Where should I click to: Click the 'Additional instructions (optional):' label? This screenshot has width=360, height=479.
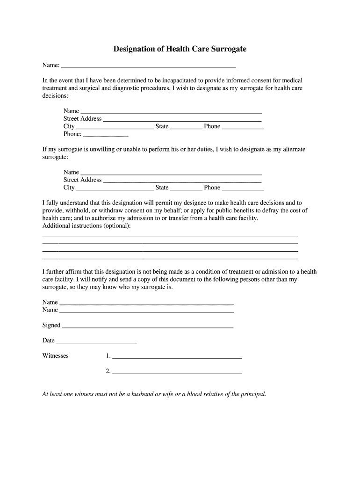[x=86, y=226]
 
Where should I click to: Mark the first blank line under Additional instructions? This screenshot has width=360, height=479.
[x=170, y=235]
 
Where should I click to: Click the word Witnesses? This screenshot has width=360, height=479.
[x=55, y=356]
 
